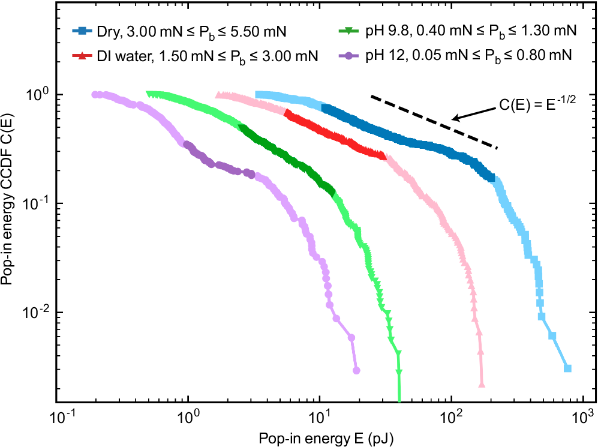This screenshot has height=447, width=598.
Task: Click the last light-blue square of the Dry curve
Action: (567, 368)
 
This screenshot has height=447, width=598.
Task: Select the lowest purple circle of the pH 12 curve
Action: (356, 370)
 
